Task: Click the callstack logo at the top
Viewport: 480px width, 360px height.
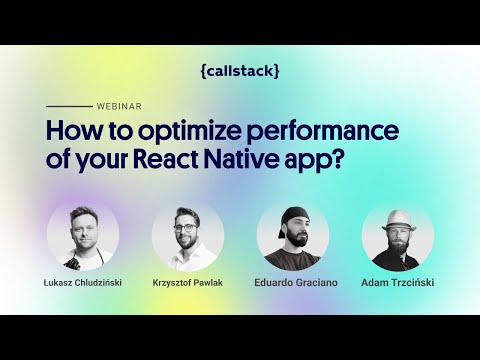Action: tap(240, 71)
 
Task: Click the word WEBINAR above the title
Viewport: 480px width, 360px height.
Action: tap(118, 105)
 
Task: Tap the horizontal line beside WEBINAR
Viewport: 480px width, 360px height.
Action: tap(69, 105)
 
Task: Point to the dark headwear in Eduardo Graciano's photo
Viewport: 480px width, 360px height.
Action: tap(293, 214)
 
